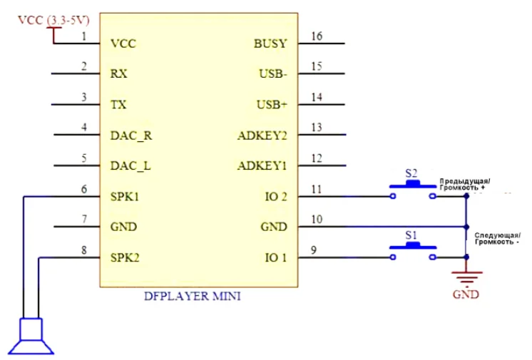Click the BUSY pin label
[270, 43]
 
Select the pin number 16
[317, 36]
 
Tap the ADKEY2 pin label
[262, 135]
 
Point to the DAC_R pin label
[131, 135]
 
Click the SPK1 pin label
[125, 197]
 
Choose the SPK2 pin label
[125, 258]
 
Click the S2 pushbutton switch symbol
[413, 190]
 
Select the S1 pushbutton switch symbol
[413, 250]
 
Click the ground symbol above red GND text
[466, 277]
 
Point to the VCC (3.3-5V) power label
[53, 21]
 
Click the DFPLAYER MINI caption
[193, 297]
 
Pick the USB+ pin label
[272, 105]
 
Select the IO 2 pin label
[276, 197]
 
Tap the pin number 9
[314, 250]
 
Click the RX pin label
[118, 74]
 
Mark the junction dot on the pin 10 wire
[466, 227]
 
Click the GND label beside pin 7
[123, 227]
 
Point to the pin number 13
[317, 128]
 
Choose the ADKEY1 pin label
[262, 166]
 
